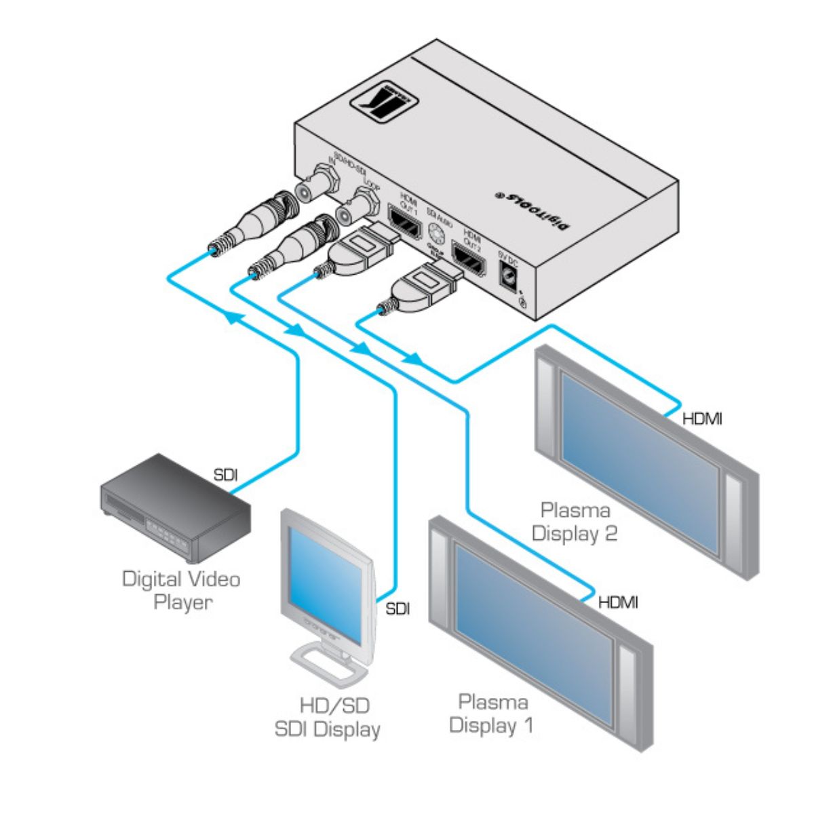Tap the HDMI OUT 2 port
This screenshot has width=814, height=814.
point(470,261)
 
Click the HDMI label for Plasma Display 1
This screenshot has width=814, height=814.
point(617,602)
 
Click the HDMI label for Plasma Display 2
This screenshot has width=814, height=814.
point(701,419)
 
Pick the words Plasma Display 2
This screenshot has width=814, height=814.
point(575,522)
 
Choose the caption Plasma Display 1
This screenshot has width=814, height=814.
point(492,713)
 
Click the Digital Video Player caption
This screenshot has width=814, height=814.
point(181,590)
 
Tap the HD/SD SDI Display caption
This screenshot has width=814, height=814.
point(327,718)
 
